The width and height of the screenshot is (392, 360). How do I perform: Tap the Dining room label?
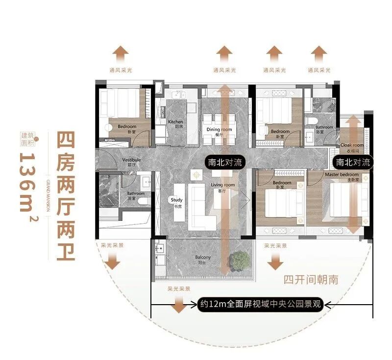(x=219, y=132)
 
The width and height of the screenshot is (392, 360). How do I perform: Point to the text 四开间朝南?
(x=311, y=280)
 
